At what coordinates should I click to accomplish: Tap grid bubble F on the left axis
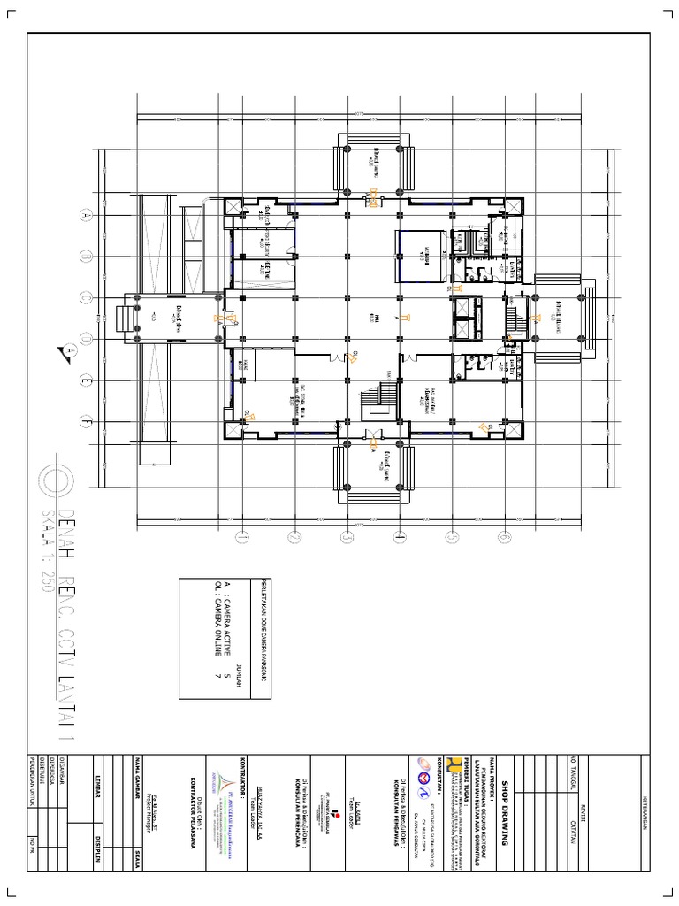86,422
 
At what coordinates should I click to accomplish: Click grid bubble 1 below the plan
240,535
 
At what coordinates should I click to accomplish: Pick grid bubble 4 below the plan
399,535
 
